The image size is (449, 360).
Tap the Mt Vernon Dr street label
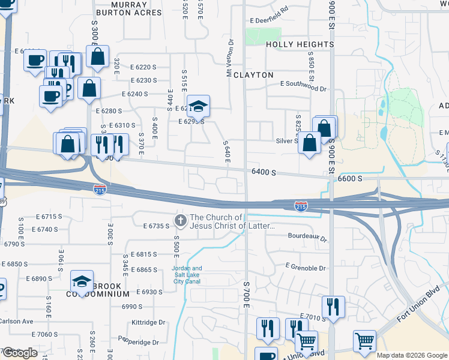(229, 58)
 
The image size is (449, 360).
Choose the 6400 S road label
(264, 172)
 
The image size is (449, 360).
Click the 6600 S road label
(351, 178)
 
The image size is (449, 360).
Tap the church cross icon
(179, 221)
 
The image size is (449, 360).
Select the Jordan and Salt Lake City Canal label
(187, 275)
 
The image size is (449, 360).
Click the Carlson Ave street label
(16, 322)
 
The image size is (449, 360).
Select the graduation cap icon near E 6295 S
(199, 107)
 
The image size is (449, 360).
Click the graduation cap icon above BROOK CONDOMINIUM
(82, 280)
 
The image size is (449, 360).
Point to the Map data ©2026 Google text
(412, 355)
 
